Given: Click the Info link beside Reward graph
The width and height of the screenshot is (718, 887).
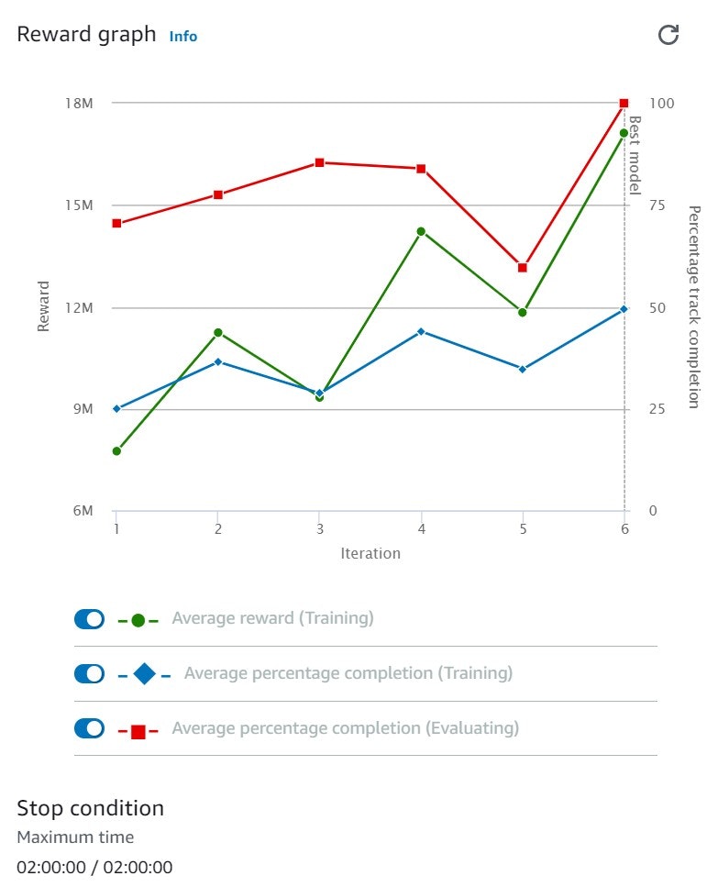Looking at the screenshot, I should [x=182, y=37].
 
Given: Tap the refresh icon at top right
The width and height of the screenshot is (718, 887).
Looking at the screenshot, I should [x=669, y=35].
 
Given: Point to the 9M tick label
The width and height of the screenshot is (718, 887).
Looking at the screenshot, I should [x=82, y=409].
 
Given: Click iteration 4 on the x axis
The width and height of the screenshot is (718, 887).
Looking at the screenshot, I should [x=421, y=529].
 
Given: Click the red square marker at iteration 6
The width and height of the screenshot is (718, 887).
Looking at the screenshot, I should [x=624, y=104].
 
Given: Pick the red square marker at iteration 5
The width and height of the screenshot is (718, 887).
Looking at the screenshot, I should [x=523, y=268].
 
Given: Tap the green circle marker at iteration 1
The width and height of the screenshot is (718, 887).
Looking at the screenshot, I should [x=116, y=451].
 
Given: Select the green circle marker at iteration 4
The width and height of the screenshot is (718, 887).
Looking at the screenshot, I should [x=421, y=231].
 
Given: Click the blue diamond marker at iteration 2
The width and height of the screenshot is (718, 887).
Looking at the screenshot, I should [x=218, y=361].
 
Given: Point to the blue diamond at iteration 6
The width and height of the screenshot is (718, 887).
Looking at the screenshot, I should [x=624, y=309].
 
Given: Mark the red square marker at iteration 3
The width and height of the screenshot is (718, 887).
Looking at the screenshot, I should [x=319, y=162].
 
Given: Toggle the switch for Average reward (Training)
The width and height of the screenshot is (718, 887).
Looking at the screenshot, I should [x=90, y=619].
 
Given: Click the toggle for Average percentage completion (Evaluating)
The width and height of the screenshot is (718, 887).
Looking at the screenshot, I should [x=90, y=728].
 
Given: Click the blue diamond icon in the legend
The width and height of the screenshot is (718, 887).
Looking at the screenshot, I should [x=144, y=674].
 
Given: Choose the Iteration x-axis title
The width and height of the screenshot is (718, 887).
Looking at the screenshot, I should [x=370, y=553].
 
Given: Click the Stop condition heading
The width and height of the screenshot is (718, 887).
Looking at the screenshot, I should [x=90, y=808].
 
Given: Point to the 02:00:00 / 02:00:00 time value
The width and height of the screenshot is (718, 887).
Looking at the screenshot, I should [x=94, y=867].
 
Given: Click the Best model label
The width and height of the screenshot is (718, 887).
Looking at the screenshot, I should [x=635, y=154].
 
